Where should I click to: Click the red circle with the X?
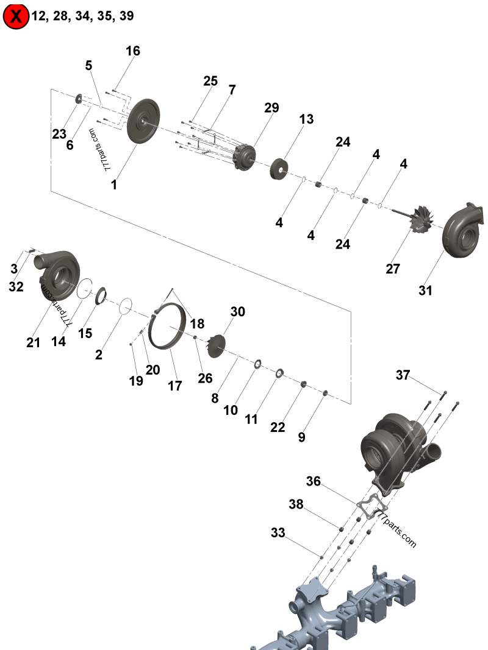(16, 16)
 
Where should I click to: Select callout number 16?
(133, 51)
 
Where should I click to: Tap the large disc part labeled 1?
(143, 121)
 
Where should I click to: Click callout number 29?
(271, 108)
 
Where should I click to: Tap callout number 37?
(403, 375)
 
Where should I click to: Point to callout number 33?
(278, 533)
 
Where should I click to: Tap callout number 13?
(306, 119)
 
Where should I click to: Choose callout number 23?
(59, 134)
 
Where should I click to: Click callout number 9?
(301, 437)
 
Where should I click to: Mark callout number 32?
(16, 286)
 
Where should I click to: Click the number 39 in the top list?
(126, 16)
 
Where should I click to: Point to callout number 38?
(296, 504)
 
